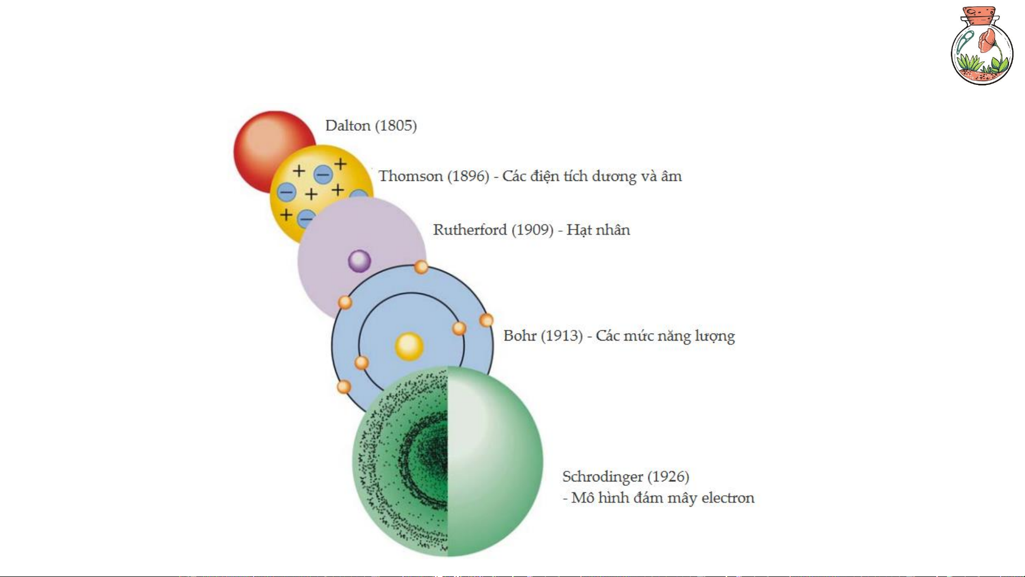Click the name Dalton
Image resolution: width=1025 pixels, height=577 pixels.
coord(348,126)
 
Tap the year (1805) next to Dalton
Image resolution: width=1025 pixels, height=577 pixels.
coord(396,126)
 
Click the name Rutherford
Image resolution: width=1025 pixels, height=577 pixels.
coord(470,230)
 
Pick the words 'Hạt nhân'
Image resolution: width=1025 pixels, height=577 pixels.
coord(598,230)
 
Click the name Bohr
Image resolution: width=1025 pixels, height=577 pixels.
coord(520,336)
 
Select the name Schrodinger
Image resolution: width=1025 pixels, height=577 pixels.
coord(602,477)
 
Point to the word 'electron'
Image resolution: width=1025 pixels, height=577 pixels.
coord(728,498)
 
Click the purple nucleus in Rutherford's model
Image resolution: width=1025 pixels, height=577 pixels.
coord(359,261)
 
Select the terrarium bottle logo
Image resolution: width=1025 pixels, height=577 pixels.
coord(982,47)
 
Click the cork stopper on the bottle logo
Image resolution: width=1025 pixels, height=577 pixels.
coord(980,15)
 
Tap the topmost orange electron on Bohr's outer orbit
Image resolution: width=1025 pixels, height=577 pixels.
coord(421,267)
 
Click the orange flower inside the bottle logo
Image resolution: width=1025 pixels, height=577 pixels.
coord(988,40)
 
